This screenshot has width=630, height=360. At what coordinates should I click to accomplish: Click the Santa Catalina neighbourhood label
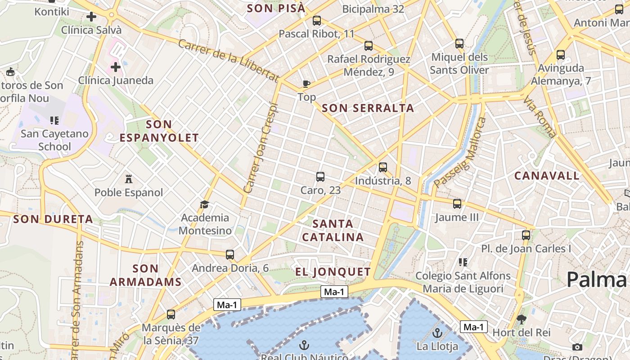[333, 230]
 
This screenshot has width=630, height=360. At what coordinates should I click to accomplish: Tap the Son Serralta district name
[368, 108]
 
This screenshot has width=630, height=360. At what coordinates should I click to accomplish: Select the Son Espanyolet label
[159, 131]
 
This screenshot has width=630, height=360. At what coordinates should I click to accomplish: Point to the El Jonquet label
[333, 272]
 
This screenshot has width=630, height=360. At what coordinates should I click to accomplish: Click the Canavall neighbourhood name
[547, 176]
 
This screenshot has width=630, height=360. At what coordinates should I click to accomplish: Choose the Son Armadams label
[145, 275]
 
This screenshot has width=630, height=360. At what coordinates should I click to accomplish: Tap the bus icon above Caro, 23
[320, 177]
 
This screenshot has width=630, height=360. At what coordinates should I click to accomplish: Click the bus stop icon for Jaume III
[457, 204]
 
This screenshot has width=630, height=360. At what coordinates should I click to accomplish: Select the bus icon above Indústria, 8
[383, 167]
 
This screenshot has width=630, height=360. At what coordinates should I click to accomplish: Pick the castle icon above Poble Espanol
[129, 179]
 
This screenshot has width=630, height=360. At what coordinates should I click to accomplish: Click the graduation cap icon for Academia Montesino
[205, 205]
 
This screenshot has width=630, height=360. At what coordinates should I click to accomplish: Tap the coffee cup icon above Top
[306, 84]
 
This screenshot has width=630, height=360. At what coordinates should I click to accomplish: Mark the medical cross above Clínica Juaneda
[116, 67]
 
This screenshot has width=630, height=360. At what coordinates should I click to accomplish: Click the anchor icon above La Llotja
[437, 333]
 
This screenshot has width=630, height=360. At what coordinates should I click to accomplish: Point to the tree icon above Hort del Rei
[522, 319]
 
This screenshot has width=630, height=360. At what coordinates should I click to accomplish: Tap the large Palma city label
[597, 279]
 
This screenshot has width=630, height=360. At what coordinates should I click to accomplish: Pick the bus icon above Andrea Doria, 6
[230, 255]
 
